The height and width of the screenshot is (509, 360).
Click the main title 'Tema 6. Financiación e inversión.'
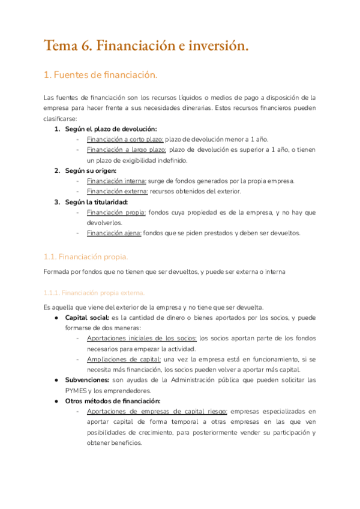(146, 46)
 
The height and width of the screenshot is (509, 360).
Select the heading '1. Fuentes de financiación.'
(100, 75)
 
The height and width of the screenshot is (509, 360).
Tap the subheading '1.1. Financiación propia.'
(86, 256)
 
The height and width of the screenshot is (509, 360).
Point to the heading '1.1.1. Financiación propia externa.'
(94, 293)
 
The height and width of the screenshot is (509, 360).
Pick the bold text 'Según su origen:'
(89, 170)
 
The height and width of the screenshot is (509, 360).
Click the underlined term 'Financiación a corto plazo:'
(125, 139)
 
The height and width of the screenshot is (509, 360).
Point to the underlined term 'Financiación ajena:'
(114, 233)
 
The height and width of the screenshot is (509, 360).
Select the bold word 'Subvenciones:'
(87, 380)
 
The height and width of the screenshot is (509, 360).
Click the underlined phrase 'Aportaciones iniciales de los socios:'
(142, 339)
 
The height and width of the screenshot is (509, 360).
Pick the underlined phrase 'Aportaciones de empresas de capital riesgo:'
(157, 411)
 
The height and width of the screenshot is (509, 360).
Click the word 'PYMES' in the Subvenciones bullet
(76, 390)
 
